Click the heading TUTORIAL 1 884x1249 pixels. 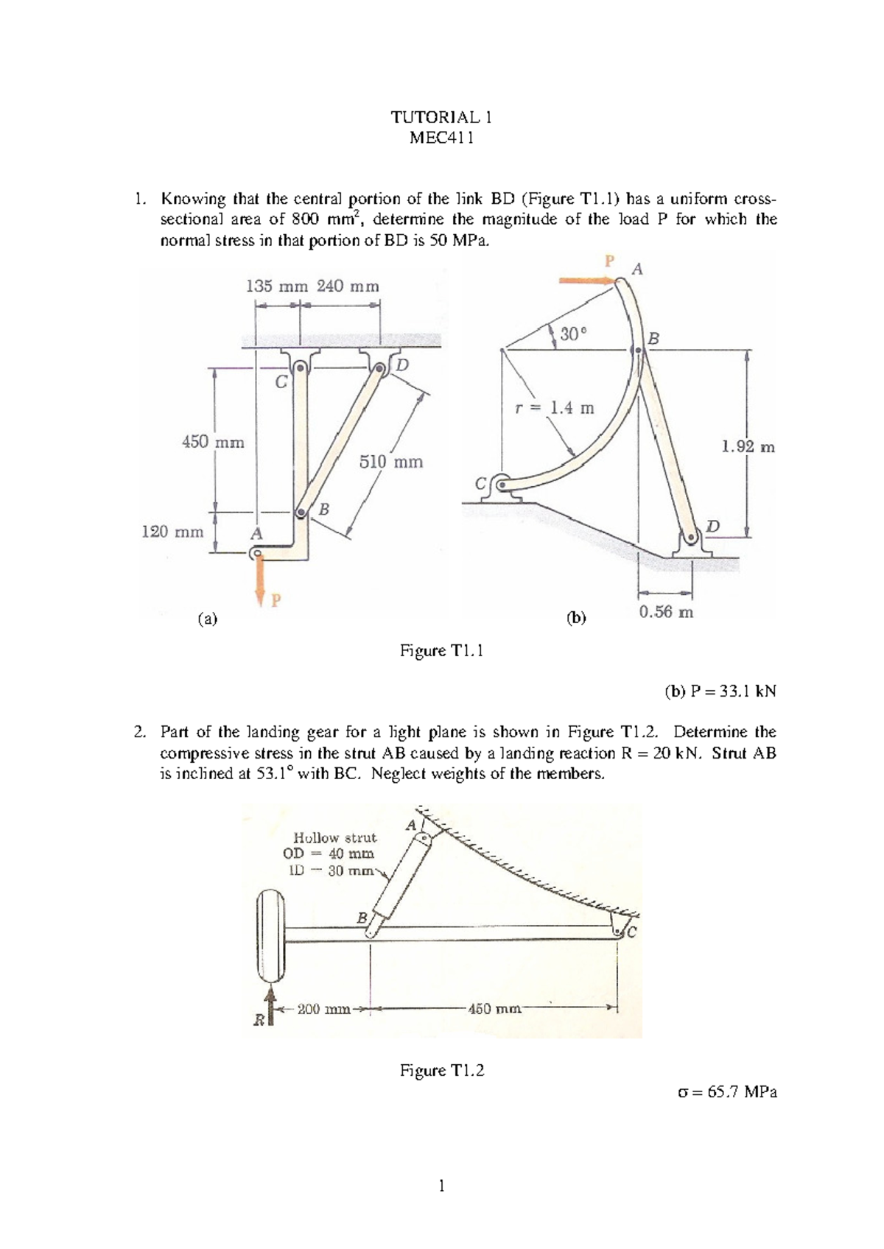[441, 117]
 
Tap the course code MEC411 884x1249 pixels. [441, 138]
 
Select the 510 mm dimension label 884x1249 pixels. [390, 462]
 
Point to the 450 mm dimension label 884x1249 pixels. [213, 443]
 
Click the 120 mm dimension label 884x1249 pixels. [172, 532]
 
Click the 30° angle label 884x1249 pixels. [574, 334]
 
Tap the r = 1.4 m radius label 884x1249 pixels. [554, 408]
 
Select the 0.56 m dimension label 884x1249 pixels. [666, 612]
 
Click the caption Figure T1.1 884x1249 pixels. [441, 650]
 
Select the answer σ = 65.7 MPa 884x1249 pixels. [726, 1091]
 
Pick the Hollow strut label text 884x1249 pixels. [335, 837]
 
